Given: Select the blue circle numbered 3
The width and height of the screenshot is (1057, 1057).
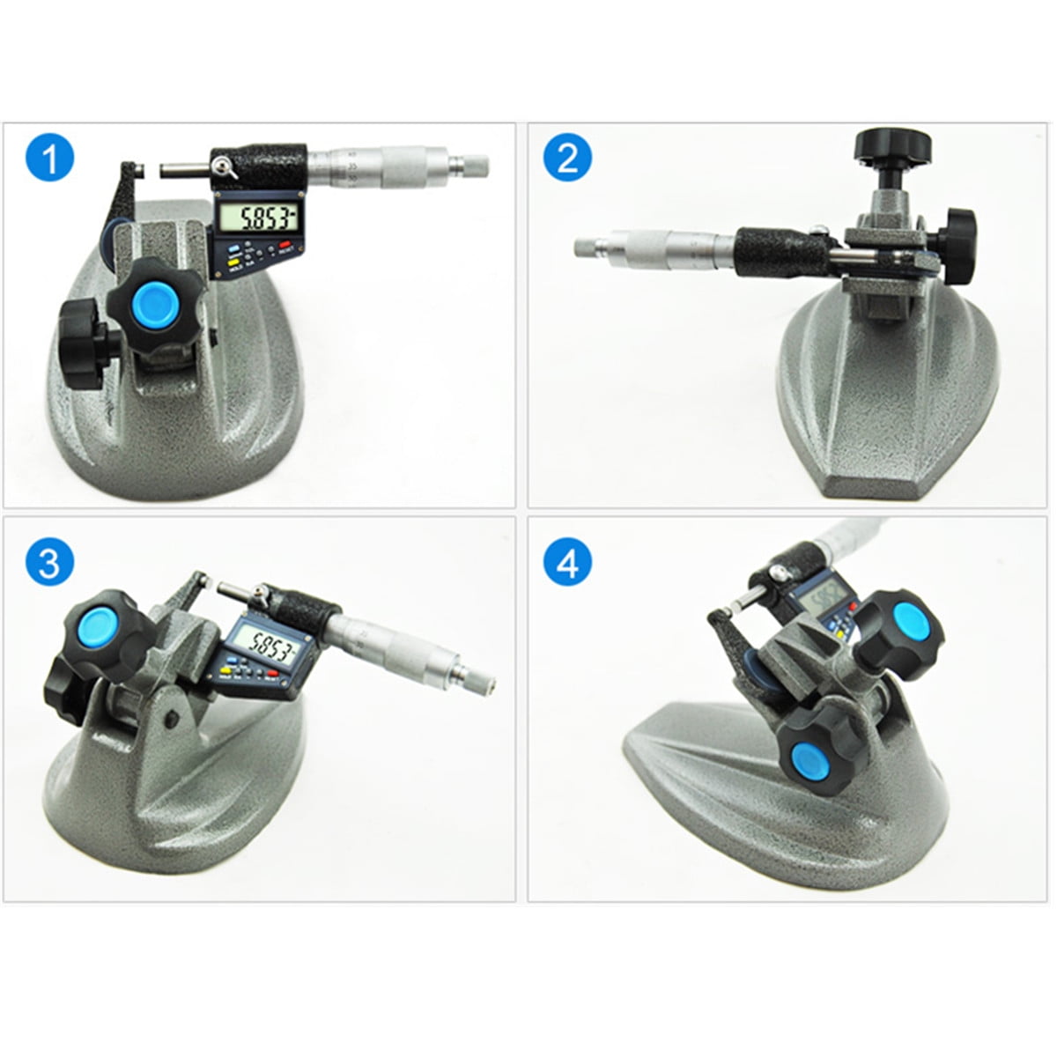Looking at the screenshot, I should coord(50,561).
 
